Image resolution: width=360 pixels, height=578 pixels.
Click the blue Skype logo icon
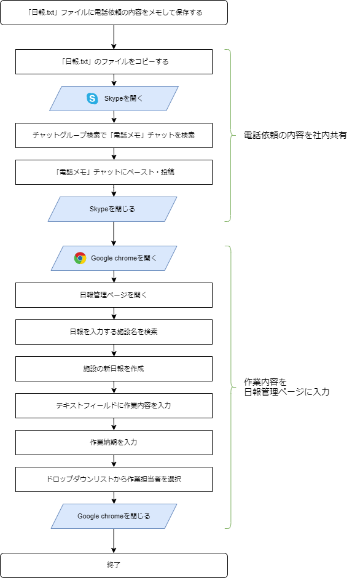92,98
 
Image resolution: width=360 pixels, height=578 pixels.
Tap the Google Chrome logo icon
80,258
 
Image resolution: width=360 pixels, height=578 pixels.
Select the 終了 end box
114,565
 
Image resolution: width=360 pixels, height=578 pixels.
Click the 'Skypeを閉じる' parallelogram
112,209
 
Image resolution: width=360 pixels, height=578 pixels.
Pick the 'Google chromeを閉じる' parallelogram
114,516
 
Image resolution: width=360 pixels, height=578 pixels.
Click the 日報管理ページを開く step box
114,295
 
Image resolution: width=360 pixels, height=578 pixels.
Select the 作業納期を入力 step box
114,442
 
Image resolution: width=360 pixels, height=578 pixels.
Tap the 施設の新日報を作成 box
114,369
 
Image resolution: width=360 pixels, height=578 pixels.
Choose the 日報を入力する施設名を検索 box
114,332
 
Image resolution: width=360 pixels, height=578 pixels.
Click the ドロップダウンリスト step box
114,479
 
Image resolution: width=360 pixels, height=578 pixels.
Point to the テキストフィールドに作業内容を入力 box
114,405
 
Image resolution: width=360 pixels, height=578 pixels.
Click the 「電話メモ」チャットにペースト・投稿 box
114,172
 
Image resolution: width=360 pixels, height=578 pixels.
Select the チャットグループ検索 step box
114,135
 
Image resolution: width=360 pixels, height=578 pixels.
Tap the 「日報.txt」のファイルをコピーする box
114,61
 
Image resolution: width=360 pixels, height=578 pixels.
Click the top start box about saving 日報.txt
114,12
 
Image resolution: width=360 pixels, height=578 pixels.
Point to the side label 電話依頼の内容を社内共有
295,135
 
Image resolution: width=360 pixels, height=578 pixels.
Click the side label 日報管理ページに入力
287,392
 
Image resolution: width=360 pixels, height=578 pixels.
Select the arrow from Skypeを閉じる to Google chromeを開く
114,233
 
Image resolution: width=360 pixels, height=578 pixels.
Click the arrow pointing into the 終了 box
114,541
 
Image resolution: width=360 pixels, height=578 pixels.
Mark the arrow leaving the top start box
114,37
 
